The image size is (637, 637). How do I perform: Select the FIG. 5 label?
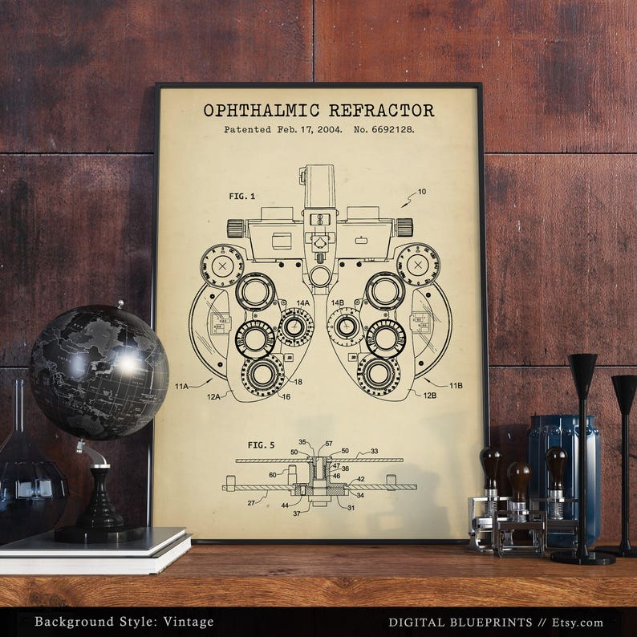(x=261, y=444)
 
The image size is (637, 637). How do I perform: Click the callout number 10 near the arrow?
(x=422, y=192)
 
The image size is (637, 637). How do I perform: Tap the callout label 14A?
(x=302, y=303)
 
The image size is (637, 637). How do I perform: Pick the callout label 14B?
(x=337, y=303)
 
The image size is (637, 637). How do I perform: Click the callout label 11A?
(x=183, y=386)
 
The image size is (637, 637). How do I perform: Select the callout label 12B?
(x=430, y=395)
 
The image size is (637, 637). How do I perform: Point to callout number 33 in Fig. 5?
(x=374, y=452)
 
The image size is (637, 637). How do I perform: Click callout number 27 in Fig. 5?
(x=251, y=503)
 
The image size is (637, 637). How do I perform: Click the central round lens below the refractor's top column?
(x=320, y=277)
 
